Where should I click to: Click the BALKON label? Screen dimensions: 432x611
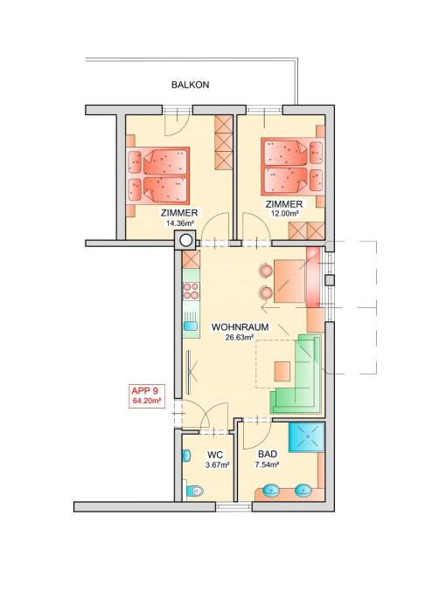coord(190,85)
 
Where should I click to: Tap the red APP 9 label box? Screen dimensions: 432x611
coord(147,396)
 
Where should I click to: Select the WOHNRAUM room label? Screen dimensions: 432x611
coord(240,327)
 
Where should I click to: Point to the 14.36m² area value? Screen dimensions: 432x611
coord(179,223)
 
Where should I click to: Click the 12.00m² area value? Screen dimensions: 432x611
coord(284,214)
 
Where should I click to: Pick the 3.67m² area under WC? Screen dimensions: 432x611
coord(217,464)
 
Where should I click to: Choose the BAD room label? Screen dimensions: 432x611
coord(268,454)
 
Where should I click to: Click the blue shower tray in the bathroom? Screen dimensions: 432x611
coord(307,436)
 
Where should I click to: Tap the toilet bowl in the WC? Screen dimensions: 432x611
coord(194,491)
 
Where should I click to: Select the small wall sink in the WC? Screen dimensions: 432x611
coord(186,456)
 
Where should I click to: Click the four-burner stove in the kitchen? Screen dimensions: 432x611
coord(192,291)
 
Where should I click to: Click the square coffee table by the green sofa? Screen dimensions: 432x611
coord(282,371)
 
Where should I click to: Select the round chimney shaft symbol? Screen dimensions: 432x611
coord(186,240)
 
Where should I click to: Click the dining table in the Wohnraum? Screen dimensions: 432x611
coord(289,282)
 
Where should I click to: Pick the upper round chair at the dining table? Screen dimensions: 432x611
coord(265,270)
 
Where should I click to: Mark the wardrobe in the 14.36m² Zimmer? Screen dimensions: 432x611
coord(223,143)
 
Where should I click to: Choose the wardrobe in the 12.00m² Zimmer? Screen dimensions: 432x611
coord(307,231)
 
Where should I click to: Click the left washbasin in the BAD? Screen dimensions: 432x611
coord(271,490)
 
